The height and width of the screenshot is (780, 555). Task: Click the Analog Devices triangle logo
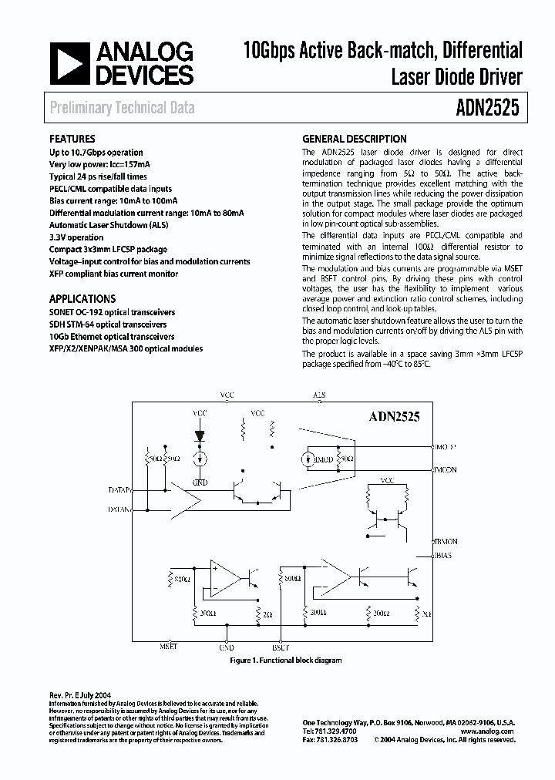point(68,64)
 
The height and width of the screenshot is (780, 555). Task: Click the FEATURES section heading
point(72,140)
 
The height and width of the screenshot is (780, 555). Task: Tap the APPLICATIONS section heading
point(82,299)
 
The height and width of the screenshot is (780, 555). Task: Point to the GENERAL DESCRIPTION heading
point(354,140)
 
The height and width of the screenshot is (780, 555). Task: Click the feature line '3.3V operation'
point(76,237)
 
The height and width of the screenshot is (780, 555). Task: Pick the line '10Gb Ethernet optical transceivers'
point(112,336)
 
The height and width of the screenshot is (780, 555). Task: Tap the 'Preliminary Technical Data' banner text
point(122,108)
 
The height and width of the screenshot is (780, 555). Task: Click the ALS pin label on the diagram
point(320,395)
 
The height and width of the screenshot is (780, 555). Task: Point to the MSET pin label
point(169,646)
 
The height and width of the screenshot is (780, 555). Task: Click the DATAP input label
point(118,489)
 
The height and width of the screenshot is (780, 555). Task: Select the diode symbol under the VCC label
point(200,435)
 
